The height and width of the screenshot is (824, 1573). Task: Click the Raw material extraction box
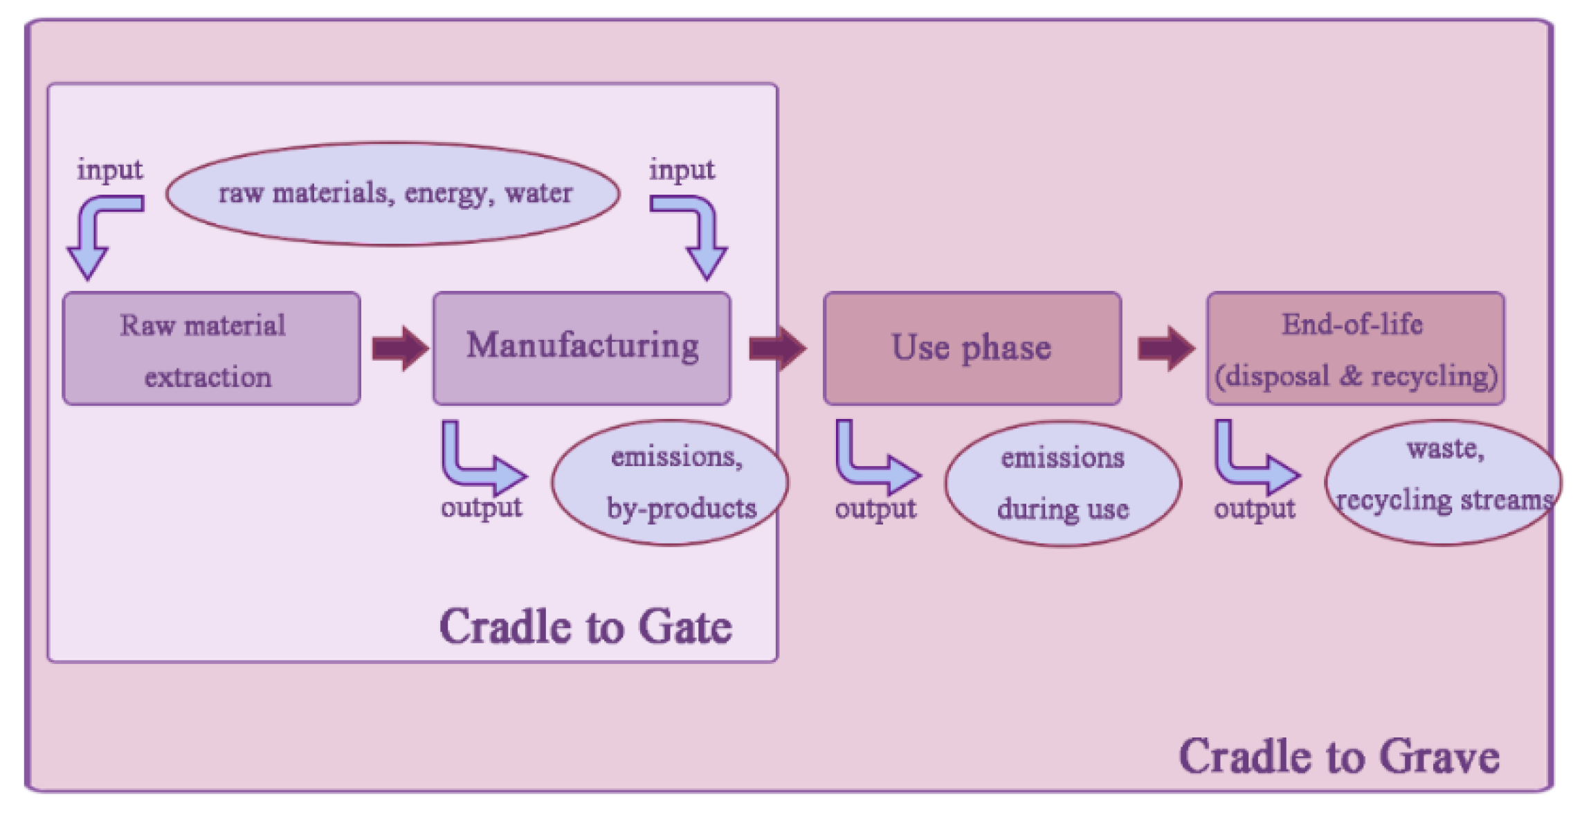[x=211, y=348]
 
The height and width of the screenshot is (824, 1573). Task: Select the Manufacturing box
[x=581, y=348]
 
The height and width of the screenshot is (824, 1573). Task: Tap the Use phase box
[x=972, y=348]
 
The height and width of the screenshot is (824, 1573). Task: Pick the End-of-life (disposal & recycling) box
[x=1355, y=348]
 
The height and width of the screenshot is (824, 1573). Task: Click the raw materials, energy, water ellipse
[x=393, y=194]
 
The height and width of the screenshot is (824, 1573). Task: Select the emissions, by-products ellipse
[x=670, y=483]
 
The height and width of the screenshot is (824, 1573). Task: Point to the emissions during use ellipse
[x=1062, y=484]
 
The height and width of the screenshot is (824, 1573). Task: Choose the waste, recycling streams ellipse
[x=1442, y=483]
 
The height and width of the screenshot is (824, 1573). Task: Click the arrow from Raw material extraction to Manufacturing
[x=400, y=348]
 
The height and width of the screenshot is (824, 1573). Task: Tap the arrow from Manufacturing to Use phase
[x=777, y=348]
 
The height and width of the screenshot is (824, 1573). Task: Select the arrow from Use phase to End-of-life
[x=1166, y=348]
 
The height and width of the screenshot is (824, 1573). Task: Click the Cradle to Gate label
[x=585, y=627]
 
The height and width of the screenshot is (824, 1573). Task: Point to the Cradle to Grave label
[x=1338, y=756]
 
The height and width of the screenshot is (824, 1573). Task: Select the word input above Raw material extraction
[x=109, y=170]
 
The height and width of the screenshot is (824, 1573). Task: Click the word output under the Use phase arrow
[x=875, y=509]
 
